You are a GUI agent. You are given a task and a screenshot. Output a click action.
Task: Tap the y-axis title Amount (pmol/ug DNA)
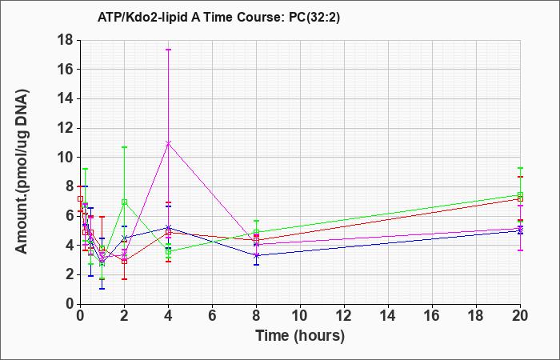(22, 171)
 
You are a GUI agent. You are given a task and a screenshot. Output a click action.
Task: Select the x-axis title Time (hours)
(300, 336)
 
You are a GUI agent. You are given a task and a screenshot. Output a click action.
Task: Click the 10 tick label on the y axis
(66, 157)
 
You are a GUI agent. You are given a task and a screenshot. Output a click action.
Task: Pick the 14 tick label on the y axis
(66, 98)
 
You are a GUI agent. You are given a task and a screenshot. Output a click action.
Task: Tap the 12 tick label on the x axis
(344, 316)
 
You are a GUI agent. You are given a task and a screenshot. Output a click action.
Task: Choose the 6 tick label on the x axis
(212, 316)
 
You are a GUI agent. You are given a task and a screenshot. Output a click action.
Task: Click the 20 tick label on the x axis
(520, 316)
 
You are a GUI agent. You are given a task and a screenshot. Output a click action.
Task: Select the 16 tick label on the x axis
(432, 316)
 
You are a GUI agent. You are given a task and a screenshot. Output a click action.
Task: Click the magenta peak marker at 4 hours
(169, 143)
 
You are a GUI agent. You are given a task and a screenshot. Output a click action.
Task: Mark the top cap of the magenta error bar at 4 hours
(169, 50)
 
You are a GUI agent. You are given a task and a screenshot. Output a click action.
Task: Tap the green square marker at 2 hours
(124, 202)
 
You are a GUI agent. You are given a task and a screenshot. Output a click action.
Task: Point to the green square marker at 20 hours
(520, 195)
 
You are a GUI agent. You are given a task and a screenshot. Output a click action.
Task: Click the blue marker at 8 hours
(257, 256)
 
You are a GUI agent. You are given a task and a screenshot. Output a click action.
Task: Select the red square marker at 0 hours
(80, 199)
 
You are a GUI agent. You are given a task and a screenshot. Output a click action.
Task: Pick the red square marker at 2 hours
(124, 262)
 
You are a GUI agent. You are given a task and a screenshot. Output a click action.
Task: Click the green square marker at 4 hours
(169, 251)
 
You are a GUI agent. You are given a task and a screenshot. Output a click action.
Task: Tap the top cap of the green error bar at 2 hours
(124, 147)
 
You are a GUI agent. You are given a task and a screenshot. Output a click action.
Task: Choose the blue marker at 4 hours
(169, 227)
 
